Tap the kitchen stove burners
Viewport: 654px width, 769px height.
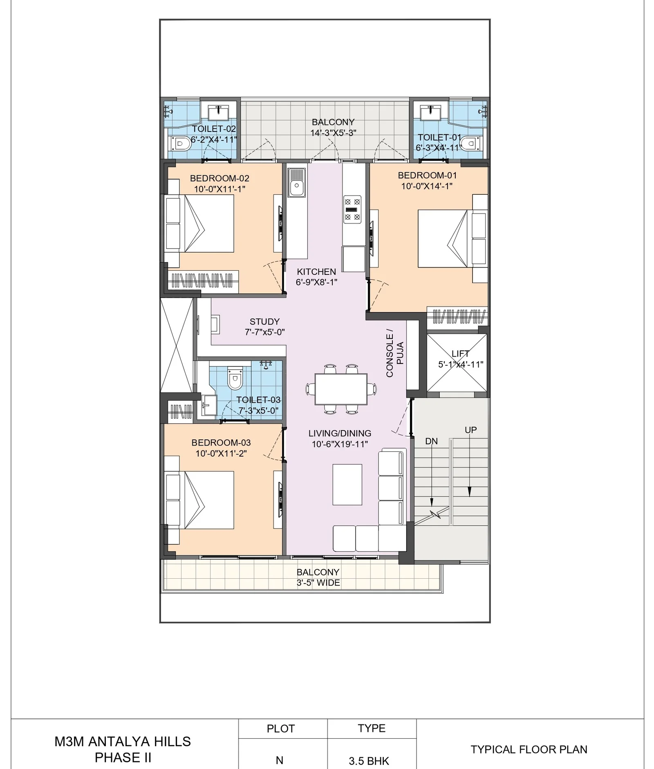(x=352, y=210)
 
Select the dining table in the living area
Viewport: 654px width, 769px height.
(x=341, y=389)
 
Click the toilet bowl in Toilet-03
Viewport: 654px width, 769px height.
(x=235, y=378)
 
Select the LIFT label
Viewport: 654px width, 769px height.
(x=461, y=354)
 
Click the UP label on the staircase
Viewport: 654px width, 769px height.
(x=470, y=430)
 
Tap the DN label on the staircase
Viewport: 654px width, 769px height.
(x=431, y=441)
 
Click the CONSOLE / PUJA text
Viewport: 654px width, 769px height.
(x=395, y=353)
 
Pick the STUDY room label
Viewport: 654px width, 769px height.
(x=264, y=322)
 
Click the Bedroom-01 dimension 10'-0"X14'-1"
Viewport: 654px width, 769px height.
(x=427, y=186)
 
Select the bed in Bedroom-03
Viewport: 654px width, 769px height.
(x=199, y=500)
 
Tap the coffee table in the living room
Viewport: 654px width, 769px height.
(x=347, y=484)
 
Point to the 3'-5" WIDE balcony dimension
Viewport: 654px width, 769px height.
(x=318, y=583)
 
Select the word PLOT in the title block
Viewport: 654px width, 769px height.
(x=280, y=729)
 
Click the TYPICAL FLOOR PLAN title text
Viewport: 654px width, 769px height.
(x=529, y=749)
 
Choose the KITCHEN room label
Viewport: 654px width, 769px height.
(x=316, y=272)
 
